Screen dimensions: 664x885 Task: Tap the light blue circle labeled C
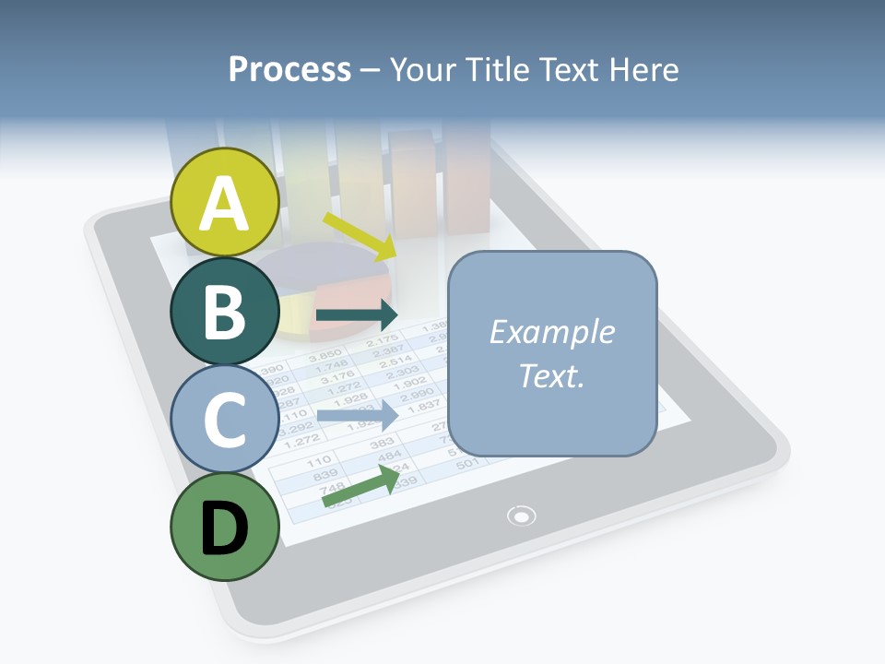pos(225,421)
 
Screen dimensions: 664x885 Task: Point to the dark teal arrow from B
pos(356,315)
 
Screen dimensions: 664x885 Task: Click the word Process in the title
pos(289,69)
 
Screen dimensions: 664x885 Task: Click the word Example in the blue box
pos(551,332)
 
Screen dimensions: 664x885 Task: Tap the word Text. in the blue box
pos(551,376)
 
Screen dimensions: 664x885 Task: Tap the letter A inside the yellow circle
pos(225,204)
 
